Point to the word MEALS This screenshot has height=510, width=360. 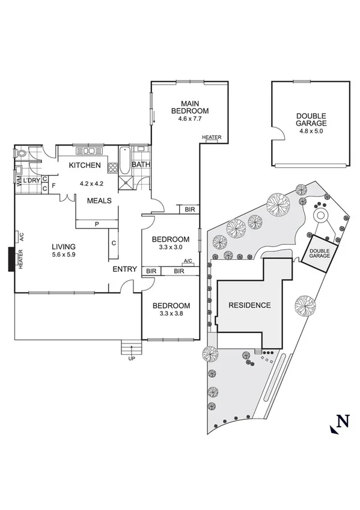click(99, 200)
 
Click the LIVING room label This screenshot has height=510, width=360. click(63, 247)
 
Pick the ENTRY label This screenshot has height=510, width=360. click(125, 269)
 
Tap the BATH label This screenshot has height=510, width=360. click(141, 165)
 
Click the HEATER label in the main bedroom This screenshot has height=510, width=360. click(212, 138)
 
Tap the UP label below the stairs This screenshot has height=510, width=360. click(132, 359)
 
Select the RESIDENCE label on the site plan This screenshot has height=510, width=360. click(249, 305)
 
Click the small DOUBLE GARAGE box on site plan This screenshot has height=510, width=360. click(320, 252)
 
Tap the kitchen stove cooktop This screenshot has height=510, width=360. click(112, 168)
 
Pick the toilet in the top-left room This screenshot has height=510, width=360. click(21, 154)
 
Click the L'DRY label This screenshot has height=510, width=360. click(31, 180)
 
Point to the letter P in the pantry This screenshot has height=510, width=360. click(96, 224)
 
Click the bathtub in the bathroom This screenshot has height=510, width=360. click(124, 161)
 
